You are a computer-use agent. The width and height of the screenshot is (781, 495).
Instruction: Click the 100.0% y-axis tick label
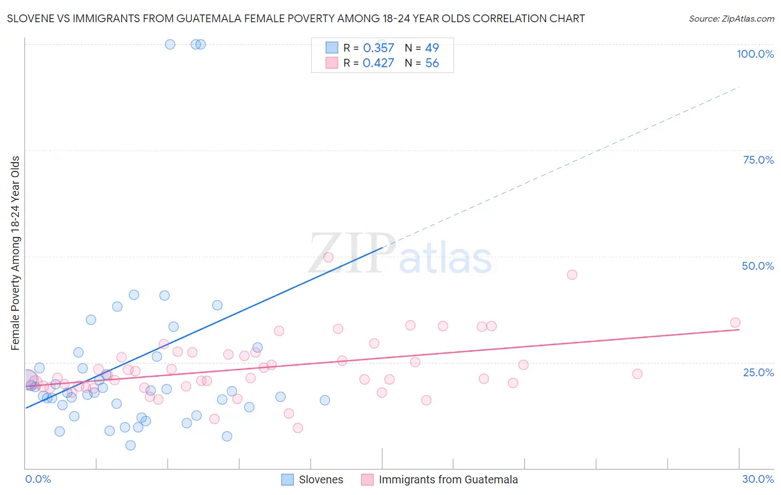[755, 54]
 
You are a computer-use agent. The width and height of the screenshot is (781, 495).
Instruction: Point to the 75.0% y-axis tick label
[758, 160]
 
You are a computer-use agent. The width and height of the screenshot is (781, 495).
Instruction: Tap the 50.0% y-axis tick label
[758, 266]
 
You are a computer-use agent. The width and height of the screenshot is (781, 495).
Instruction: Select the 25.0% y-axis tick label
[758, 372]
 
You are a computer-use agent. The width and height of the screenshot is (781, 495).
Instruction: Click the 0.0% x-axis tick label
[38, 479]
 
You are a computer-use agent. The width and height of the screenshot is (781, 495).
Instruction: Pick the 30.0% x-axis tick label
[758, 479]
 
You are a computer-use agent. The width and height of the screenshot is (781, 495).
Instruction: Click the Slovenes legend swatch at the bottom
[287, 479]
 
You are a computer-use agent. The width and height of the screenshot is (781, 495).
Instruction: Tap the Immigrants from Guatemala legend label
[448, 479]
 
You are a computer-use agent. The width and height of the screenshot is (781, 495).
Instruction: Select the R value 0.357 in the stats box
[378, 48]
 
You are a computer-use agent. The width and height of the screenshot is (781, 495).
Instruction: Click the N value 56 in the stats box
[432, 63]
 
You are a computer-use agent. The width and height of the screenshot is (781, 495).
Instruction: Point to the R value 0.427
[378, 63]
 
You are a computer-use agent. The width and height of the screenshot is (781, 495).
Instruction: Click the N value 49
[432, 48]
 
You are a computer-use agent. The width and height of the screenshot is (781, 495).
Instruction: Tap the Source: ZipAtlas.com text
[731, 18]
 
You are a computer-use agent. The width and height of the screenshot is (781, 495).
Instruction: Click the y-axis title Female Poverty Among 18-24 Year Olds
[16, 253]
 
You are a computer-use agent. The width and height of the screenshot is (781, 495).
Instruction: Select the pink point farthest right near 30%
[735, 322]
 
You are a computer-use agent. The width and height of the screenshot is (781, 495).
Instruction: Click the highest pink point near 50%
[328, 257]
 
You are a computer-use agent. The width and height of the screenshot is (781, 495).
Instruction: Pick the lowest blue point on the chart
[131, 445]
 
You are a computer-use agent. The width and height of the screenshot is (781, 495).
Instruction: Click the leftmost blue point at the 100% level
[170, 44]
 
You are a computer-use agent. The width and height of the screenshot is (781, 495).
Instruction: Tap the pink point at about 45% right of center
[572, 275]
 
